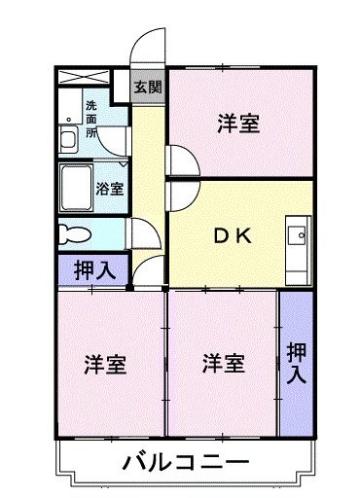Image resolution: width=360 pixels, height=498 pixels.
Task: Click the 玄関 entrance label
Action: (x=148, y=86)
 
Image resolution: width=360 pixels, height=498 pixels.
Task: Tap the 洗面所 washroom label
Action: (x=90, y=118)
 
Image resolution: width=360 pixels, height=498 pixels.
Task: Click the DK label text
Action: (x=234, y=234)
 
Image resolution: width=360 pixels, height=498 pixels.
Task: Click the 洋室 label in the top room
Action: (x=237, y=123)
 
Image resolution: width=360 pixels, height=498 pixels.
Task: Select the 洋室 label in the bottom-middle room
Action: (x=223, y=364)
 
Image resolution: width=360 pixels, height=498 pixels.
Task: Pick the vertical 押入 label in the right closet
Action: (x=296, y=362)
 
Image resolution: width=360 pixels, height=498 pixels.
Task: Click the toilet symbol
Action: (x=73, y=233)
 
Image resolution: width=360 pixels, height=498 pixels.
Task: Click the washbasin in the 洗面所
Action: (x=69, y=137)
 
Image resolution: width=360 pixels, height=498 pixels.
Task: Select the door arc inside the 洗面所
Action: (x=116, y=141)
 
